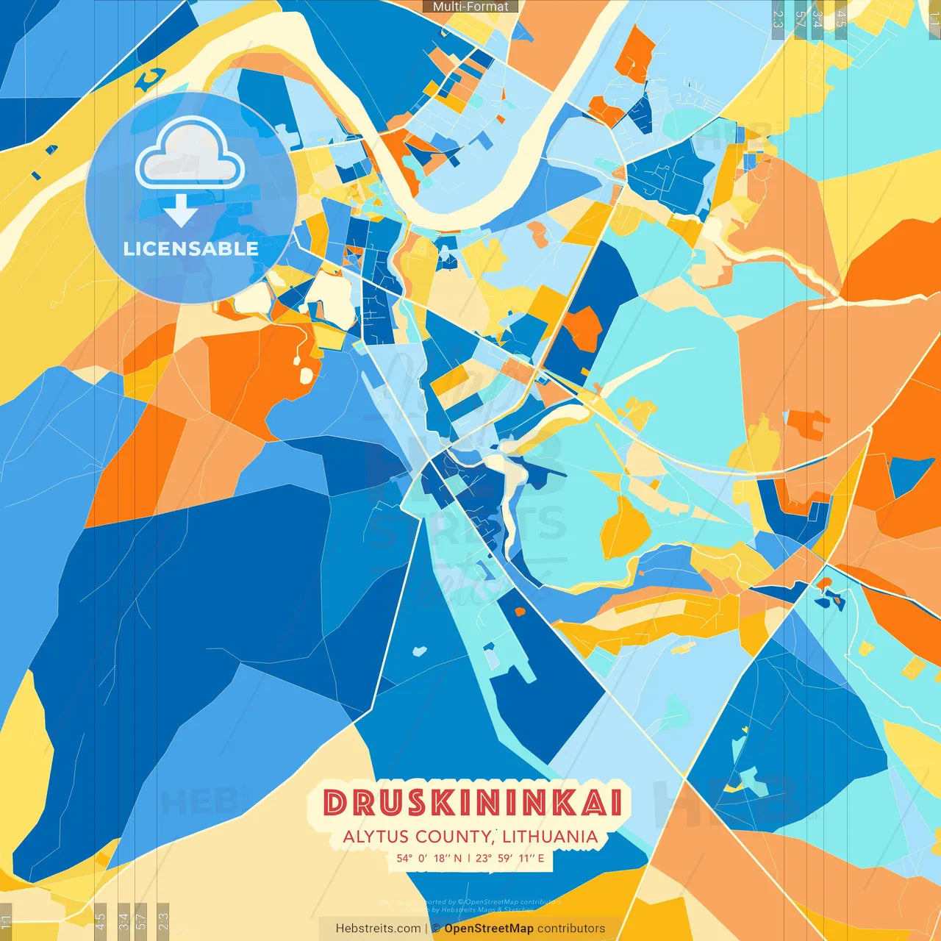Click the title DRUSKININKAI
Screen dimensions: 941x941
click(473, 803)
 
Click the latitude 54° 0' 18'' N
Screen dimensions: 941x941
click(429, 858)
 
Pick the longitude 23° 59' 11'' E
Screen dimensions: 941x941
click(510, 858)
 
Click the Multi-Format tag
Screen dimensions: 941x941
click(470, 7)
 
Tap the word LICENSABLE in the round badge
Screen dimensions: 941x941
click(191, 248)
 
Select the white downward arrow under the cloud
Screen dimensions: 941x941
click(181, 211)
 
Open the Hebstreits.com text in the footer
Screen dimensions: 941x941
click(378, 929)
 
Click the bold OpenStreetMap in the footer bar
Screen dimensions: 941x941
click(489, 929)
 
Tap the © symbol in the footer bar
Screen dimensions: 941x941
click(436, 929)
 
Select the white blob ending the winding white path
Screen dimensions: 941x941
click(305, 376)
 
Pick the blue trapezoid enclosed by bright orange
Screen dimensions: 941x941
click(911, 475)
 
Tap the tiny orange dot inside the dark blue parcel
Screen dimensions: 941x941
click(520, 611)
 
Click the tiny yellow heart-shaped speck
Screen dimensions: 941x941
click(744, 730)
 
